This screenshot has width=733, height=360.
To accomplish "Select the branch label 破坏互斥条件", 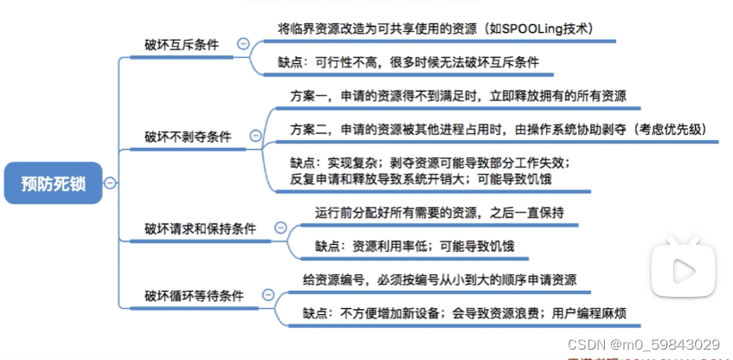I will pos(182,44).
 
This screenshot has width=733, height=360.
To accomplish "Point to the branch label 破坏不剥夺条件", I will pos(188,136).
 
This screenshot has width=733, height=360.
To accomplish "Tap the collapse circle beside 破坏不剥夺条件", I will pos(254,136).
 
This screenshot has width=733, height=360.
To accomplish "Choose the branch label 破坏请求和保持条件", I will pos(200,228).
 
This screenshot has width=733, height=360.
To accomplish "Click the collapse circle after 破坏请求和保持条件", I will pos(280,228).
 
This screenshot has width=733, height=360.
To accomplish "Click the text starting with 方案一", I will pos(459,95).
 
